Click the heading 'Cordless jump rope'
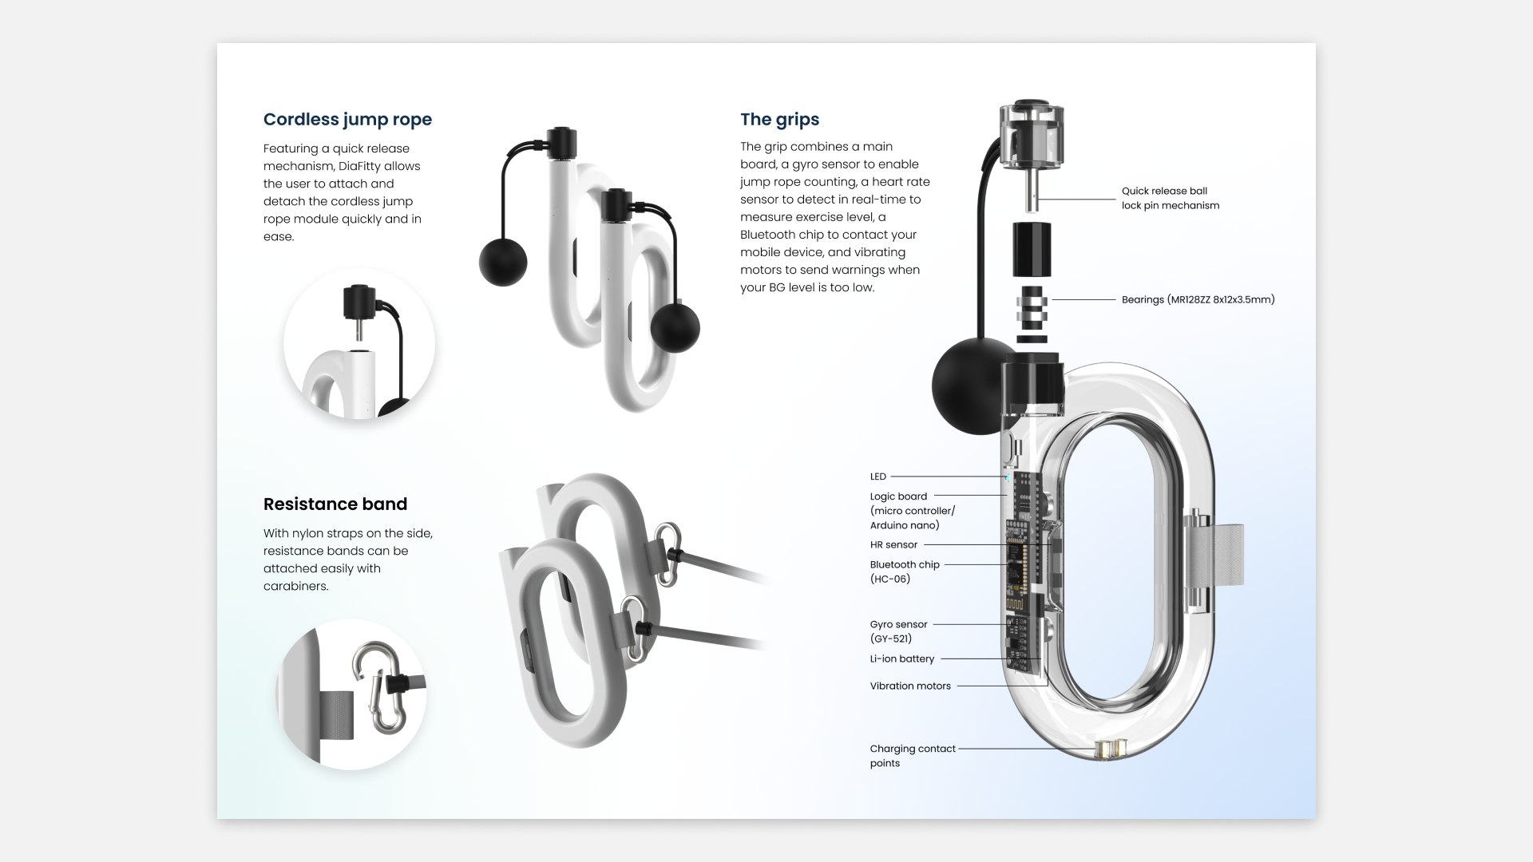347,120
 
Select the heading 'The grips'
779,120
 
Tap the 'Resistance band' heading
335,504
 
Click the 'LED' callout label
878,476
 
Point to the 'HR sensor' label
893,545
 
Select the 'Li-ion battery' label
901,659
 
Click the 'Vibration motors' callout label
910,686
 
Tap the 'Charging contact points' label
912,756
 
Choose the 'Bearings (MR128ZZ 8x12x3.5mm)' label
1198,300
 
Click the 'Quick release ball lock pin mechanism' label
1170,198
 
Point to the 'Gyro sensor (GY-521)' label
898,631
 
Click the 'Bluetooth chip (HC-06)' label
904,571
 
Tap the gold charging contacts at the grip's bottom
1111,749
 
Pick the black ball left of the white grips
503,262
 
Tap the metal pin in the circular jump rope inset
358,328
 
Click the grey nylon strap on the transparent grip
1222,556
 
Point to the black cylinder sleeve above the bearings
1032,250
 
